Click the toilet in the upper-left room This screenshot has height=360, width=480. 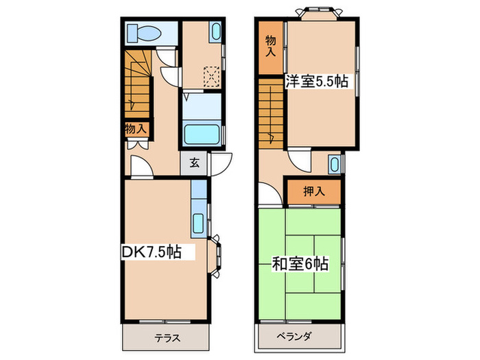pyautogui.click(x=145, y=32)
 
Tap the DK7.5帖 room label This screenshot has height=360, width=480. pyautogui.click(x=153, y=252)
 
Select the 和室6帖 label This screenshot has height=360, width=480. pyautogui.click(x=299, y=263)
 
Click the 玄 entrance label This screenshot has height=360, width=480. pyautogui.click(x=194, y=163)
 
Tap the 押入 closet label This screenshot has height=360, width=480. pyautogui.click(x=313, y=192)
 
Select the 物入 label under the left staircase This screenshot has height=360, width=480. pyautogui.click(x=135, y=128)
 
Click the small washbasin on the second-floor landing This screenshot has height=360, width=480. pyautogui.click(x=334, y=165)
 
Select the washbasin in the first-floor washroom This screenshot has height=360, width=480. pyautogui.click(x=215, y=32)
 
